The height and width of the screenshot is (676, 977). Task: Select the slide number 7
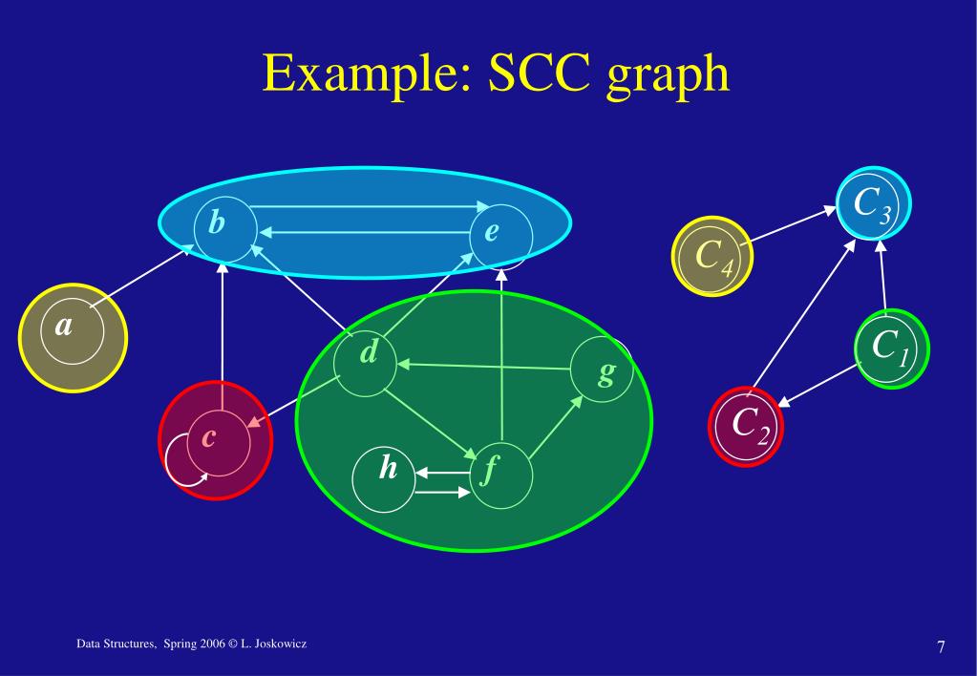coord(941,648)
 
